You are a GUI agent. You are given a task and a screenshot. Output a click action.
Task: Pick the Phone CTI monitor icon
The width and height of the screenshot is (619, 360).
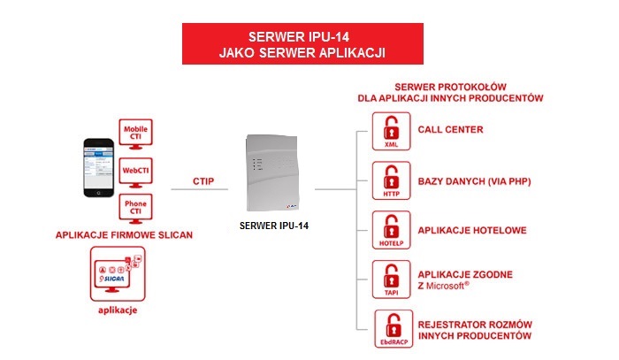(136, 208)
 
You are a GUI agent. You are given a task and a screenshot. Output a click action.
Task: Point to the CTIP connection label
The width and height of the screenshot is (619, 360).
(203, 180)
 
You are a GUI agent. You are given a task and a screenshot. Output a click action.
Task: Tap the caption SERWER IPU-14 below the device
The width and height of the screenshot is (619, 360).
(274, 225)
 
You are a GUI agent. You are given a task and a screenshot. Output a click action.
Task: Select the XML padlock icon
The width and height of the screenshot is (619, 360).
(390, 134)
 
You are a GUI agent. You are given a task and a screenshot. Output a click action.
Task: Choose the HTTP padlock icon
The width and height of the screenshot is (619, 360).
(390, 182)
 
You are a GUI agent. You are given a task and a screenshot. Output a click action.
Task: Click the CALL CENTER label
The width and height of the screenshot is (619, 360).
(450, 129)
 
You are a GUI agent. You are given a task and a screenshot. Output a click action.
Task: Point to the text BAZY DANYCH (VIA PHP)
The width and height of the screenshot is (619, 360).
(473, 181)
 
